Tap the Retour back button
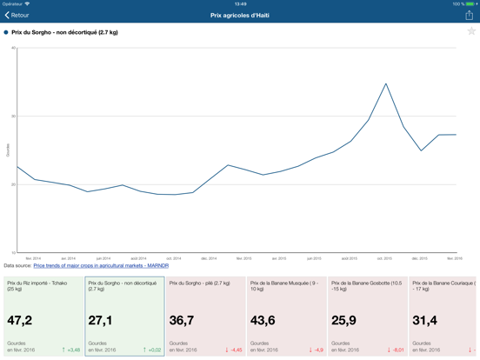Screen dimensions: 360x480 pyautogui.click(x=17, y=15)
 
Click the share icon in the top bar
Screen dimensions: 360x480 pyautogui.click(x=469, y=15)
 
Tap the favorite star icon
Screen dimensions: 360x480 pyautogui.click(x=471, y=32)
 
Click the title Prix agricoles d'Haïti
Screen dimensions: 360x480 pyautogui.click(x=239, y=15)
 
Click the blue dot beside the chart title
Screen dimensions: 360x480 pyautogui.click(x=6, y=32)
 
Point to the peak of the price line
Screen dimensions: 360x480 pyautogui.click(x=386, y=83)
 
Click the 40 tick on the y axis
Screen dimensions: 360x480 pyautogui.click(x=13, y=48)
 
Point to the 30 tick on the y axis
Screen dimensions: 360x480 pyautogui.click(x=13, y=117)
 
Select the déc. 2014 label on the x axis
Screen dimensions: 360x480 pyautogui.click(x=209, y=258)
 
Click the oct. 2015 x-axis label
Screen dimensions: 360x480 pyautogui.click(x=383, y=258)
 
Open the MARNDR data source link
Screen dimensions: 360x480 pyautogui.click(x=101, y=266)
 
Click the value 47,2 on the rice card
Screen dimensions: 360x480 pyautogui.click(x=20, y=321)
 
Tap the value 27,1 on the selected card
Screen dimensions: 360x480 pyautogui.click(x=100, y=321)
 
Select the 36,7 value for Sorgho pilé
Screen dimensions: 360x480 pyautogui.click(x=182, y=321)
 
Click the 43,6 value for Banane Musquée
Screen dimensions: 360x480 pyautogui.click(x=263, y=321)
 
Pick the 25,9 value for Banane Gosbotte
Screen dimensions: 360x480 pyautogui.click(x=343, y=321)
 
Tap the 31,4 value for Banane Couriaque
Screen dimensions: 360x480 pyautogui.click(x=424, y=321)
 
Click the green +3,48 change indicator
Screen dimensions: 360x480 pyautogui.click(x=71, y=350)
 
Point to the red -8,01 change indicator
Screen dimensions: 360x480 pyautogui.click(x=395, y=350)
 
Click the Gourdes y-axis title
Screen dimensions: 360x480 pyautogui.click(x=8, y=150)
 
